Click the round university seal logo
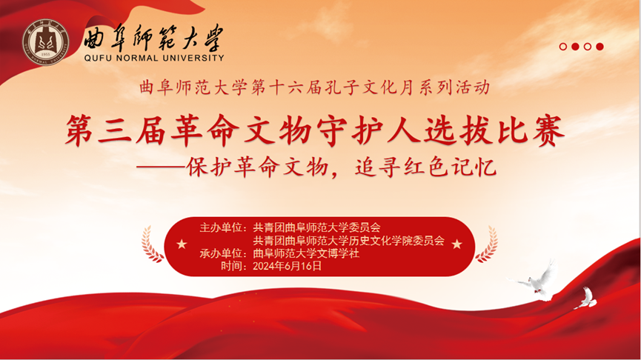[x=46, y=42]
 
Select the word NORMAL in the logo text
[x=138, y=58]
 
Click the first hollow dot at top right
[x=563, y=47]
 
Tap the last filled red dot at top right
[x=600, y=47]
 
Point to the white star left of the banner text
[x=182, y=244]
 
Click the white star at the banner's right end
[x=456, y=244]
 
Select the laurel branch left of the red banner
[x=152, y=244]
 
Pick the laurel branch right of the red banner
[x=487, y=244]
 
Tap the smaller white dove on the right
[x=586, y=298]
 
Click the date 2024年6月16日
[x=287, y=266]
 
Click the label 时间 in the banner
[x=231, y=266]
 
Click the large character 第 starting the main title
[x=80, y=130]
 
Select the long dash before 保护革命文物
[x=160, y=167]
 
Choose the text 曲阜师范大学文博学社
[x=306, y=253]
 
